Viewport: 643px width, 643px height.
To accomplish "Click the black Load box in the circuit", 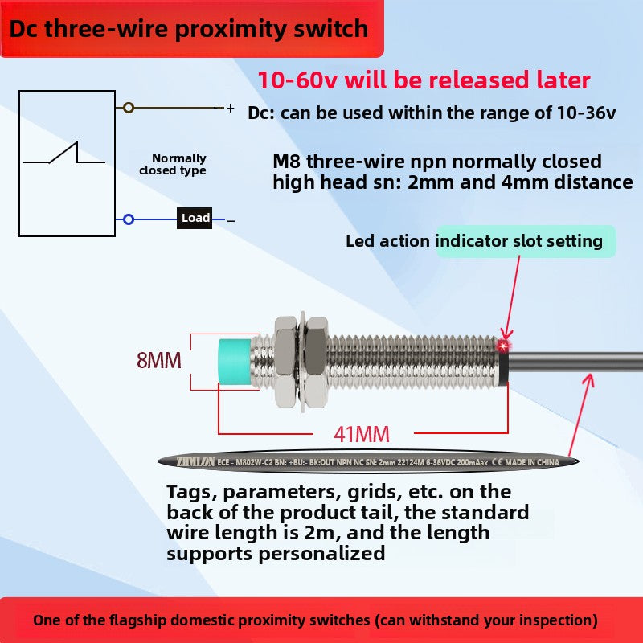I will [x=195, y=218].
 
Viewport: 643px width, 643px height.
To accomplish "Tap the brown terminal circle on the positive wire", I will [x=128, y=107].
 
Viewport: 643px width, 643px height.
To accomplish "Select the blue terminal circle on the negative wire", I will [x=128, y=219].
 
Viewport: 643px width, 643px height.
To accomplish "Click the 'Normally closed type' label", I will [x=173, y=164].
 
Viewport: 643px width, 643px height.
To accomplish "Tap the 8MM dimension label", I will [x=159, y=360].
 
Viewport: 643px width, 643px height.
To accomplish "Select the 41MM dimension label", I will [x=362, y=435].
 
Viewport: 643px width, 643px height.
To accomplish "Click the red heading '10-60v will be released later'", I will [x=424, y=80].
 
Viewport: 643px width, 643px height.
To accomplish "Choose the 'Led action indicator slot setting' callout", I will [x=474, y=241].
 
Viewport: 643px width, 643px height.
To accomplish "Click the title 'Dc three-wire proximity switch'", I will [x=189, y=29].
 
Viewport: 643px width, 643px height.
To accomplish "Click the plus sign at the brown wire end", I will [x=230, y=108].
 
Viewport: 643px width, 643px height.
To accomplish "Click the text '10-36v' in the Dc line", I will [x=586, y=113].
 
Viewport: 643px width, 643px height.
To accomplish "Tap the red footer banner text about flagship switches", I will [x=316, y=620].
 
